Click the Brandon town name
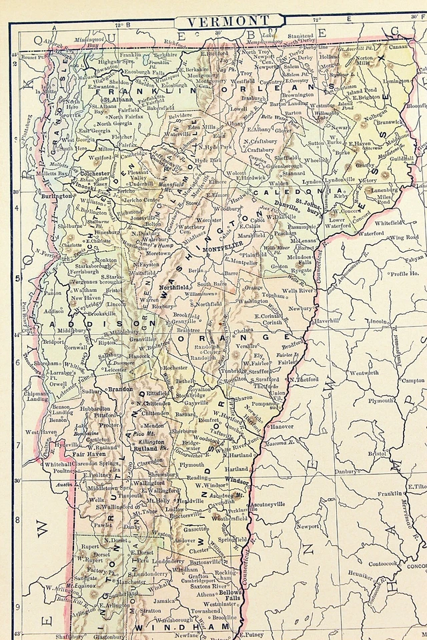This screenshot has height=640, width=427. coord(120,388)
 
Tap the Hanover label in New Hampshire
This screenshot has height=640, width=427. coord(281,426)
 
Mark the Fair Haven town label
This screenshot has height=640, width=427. coord(87,453)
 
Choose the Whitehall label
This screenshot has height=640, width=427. coord(59,463)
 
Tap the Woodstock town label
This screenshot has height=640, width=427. coord(206,439)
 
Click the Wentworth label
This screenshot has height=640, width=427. coord(363,373)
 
